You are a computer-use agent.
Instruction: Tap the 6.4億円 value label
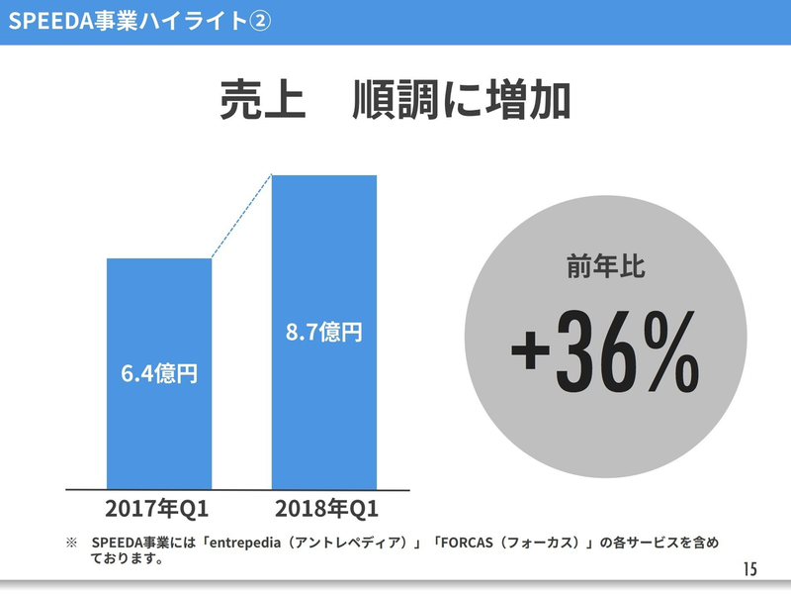(159, 374)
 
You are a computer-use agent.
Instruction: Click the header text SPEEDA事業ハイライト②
(138, 22)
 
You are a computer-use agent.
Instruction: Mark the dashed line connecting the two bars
(241, 217)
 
